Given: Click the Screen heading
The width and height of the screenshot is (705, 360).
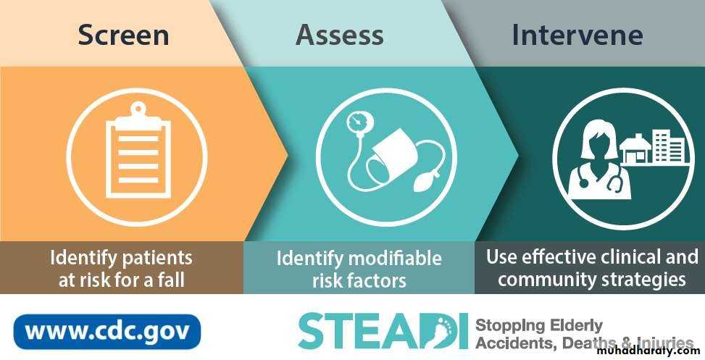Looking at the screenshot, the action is (x=123, y=35).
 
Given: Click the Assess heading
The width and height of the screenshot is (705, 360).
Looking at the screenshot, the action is (x=340, y=35).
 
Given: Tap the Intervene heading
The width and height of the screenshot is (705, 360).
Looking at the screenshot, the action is (x=577, y=35).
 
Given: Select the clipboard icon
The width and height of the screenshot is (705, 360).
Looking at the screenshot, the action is (x=138, y=151).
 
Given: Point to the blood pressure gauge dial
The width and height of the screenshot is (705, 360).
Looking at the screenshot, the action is (x=357, y=122).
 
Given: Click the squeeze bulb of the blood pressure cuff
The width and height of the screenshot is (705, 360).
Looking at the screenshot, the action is (x=424, y=184).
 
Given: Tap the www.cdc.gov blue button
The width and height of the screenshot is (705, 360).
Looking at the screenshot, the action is (x=107, y=332).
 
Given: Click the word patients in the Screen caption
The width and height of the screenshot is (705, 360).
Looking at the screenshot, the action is (x=157, y=259).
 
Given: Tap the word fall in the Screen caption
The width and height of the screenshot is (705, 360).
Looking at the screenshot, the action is (x=171, y=280).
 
